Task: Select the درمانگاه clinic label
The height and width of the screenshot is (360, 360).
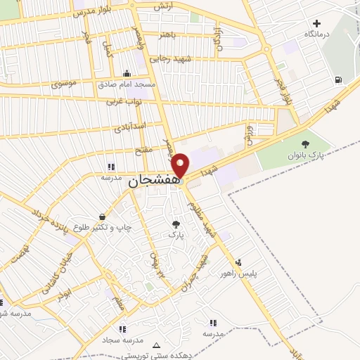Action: tap(318, 34)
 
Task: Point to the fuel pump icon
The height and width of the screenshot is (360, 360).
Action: tap(339, 79)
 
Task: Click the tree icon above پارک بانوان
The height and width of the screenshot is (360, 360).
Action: tap(304, 144)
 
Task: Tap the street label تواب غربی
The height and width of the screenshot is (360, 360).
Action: tap(124, 101)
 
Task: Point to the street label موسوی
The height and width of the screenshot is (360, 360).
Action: tap(65, 84)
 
